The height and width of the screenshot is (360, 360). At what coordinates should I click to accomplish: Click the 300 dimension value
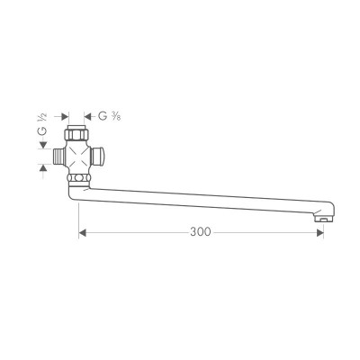click(200, 232)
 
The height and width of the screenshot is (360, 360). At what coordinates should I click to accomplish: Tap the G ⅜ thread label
click(111, 116)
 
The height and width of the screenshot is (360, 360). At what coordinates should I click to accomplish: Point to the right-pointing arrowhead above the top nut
click(65, 116)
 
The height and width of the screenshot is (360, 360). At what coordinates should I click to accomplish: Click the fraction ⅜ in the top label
click(119, 116)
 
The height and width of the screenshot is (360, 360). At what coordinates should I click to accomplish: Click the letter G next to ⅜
click(103, 116)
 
